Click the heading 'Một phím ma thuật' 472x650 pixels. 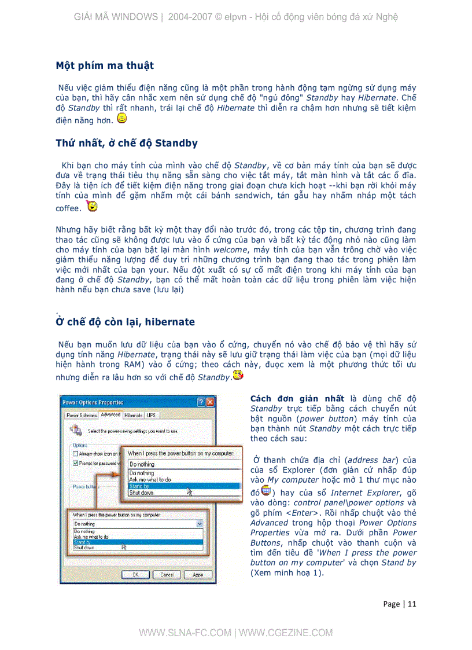point(105,65)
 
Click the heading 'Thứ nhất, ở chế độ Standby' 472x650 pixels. point(127,143)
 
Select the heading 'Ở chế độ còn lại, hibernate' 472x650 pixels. point(126,322)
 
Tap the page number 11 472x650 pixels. point(412,604)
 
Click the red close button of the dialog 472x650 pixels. point(210,402)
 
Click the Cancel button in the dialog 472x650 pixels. point(167,575)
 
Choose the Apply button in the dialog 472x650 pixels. point(197,575)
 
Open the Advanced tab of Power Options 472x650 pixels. point(110,415)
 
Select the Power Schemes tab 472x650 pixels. point(81,415)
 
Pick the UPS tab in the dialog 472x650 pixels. point(152,415)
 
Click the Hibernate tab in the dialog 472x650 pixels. point(133,415)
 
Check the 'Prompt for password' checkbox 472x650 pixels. point(75,463)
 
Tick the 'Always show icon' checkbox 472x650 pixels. point(75,454)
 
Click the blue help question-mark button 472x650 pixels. point(201,402)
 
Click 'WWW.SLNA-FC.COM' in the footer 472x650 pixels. point(185,633)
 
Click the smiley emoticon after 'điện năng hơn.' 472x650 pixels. point(121,119)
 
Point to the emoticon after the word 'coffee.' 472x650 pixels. point(91,206)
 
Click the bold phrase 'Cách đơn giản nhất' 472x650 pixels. point(297,399)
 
